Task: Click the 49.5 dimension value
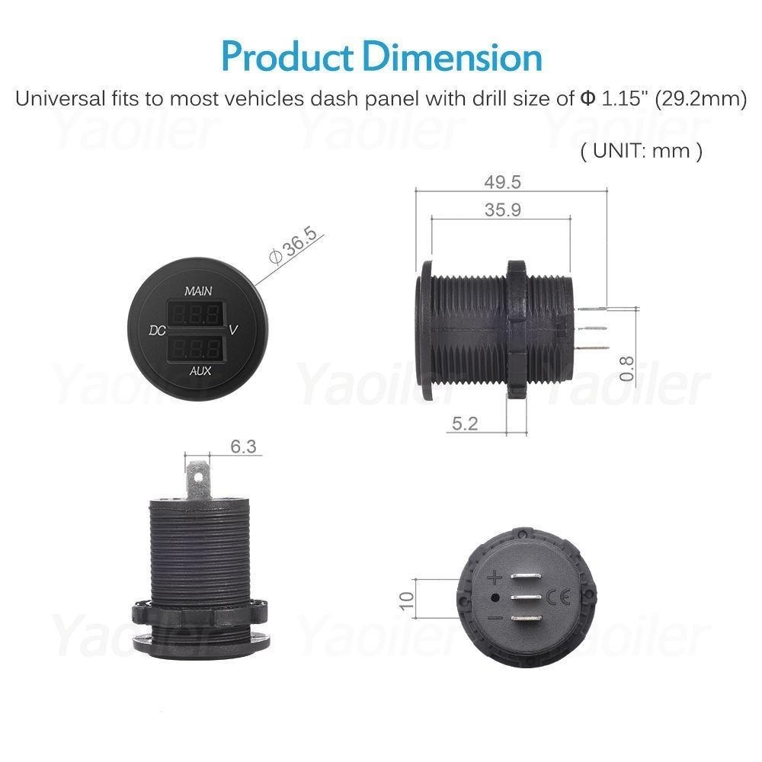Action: tap(502, 182)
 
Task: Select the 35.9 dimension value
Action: tap(502, 210)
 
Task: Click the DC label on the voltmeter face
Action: tap(158, 331)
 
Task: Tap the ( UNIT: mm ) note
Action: tap(641, 150)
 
